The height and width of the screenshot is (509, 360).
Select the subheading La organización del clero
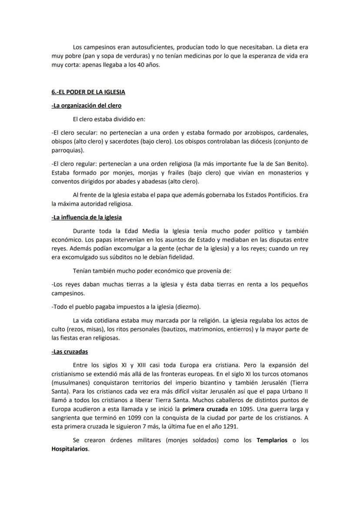[x=86, y=105]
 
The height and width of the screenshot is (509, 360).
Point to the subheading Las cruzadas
[x=70, y=351]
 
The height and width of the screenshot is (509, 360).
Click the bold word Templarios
[x=272, y=440]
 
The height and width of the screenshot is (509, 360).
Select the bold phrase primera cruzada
[x=205, y=409]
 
